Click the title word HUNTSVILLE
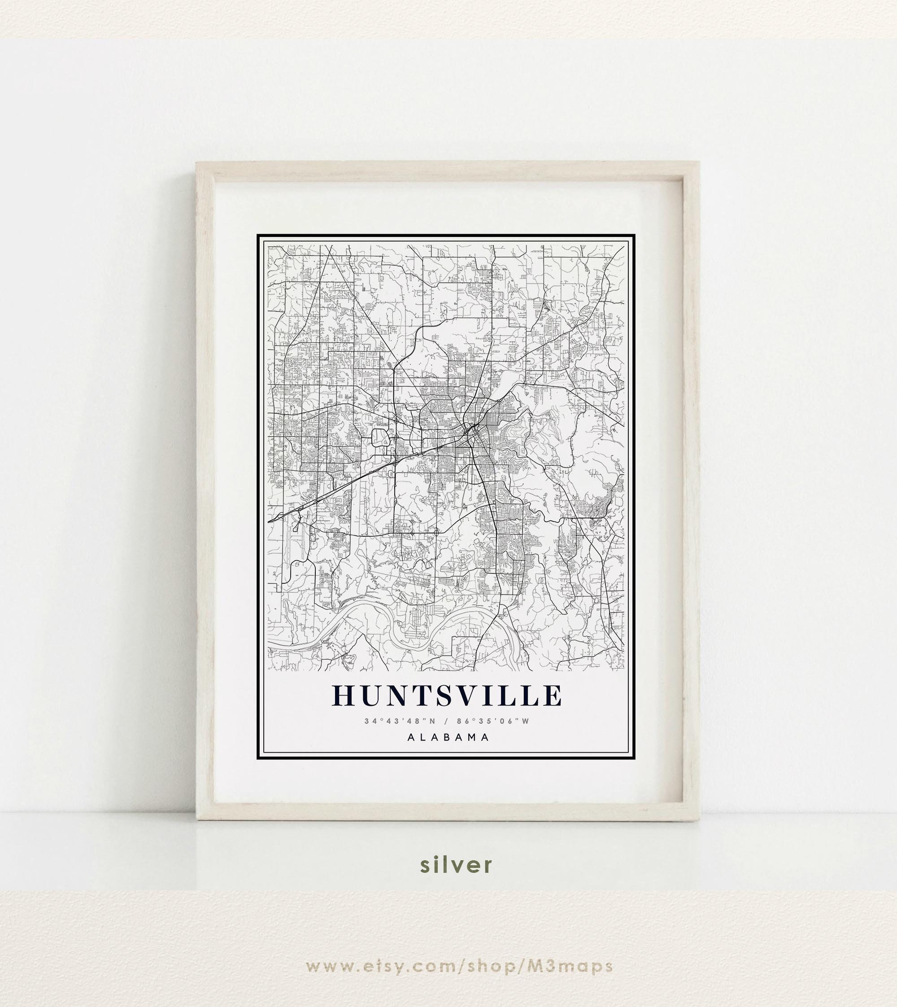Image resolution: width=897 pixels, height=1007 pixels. tap(448, 695)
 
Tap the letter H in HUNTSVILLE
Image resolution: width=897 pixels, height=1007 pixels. tap(345, 695)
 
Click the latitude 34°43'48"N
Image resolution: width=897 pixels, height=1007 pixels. tap(400, 721)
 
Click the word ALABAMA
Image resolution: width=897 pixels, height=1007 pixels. tap(448, 737)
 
